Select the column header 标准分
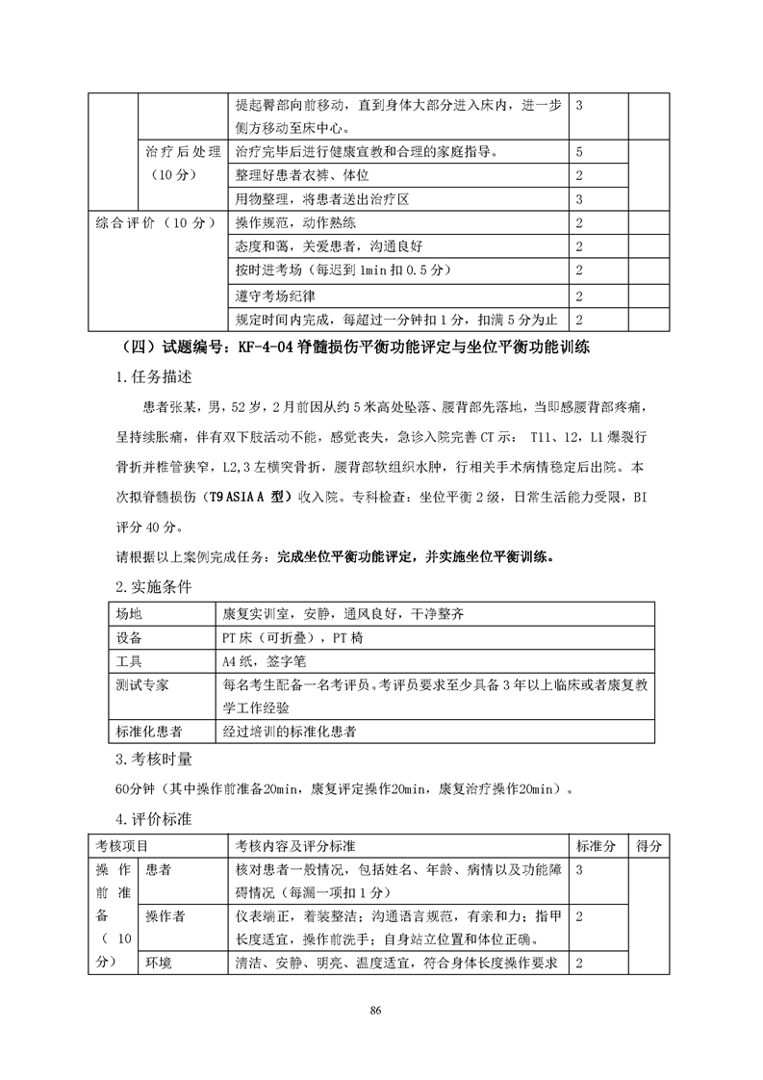[596, 846]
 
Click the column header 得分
[649, 846]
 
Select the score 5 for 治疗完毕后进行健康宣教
[579, 152]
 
